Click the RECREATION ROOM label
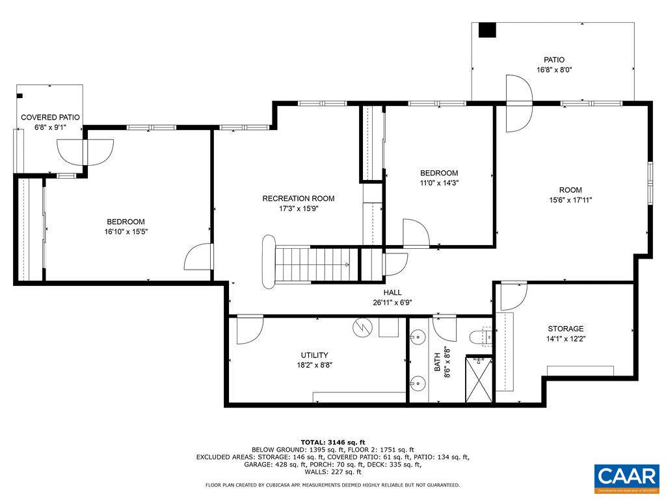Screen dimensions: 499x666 [298, 198]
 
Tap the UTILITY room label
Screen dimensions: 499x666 [314, 355]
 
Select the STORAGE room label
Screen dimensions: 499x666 [565, 329]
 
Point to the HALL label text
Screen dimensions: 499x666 [392, 292]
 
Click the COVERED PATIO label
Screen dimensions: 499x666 [50, 118]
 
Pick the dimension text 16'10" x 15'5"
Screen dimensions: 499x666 [126, 232]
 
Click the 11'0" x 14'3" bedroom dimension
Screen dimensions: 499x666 [438, 183]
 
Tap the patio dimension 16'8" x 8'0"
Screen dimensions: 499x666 [554, 70]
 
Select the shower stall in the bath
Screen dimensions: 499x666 [479, 378]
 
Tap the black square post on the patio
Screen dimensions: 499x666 [487, 30]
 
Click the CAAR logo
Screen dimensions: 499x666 [626, 476]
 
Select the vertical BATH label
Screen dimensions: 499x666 [438, 361]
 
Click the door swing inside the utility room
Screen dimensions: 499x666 [248, 329]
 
